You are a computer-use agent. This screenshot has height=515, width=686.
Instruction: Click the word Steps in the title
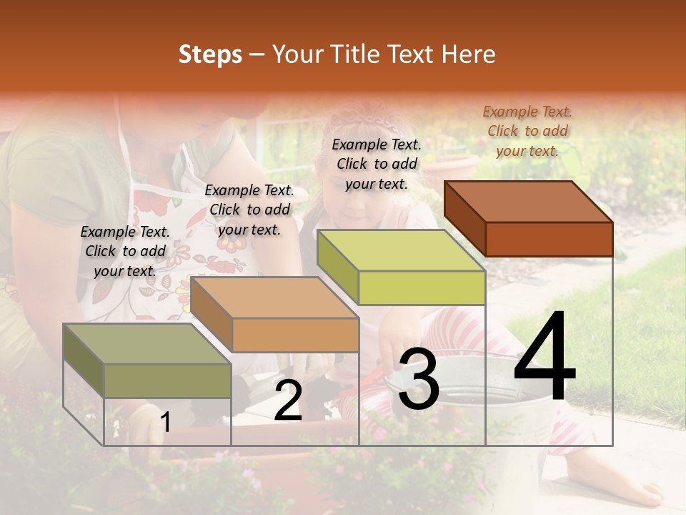(x=210, y=54)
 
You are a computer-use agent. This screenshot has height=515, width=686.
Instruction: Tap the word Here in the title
(x=469, y=54)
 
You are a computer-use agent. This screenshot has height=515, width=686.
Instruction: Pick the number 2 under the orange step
(x=288, y=401)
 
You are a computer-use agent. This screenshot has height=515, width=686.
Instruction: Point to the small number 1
(x=165, y=423)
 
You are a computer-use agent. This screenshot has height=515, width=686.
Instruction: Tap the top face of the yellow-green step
(x=401, y=250)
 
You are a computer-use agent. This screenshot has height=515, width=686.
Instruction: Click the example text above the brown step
(x=527, y=131)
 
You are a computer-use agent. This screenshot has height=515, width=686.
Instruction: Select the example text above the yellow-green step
(x=377, y=164)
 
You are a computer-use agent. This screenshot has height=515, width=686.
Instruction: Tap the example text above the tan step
(x=249, y=210)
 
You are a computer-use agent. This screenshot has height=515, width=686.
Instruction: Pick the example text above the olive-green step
(x=125, y=251)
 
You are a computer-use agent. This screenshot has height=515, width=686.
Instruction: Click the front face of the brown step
(x=549, y=239)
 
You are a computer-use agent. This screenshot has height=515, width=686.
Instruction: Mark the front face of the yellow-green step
(x=422, y=288)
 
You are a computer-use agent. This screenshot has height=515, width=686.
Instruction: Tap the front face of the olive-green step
(x=167, y=381)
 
